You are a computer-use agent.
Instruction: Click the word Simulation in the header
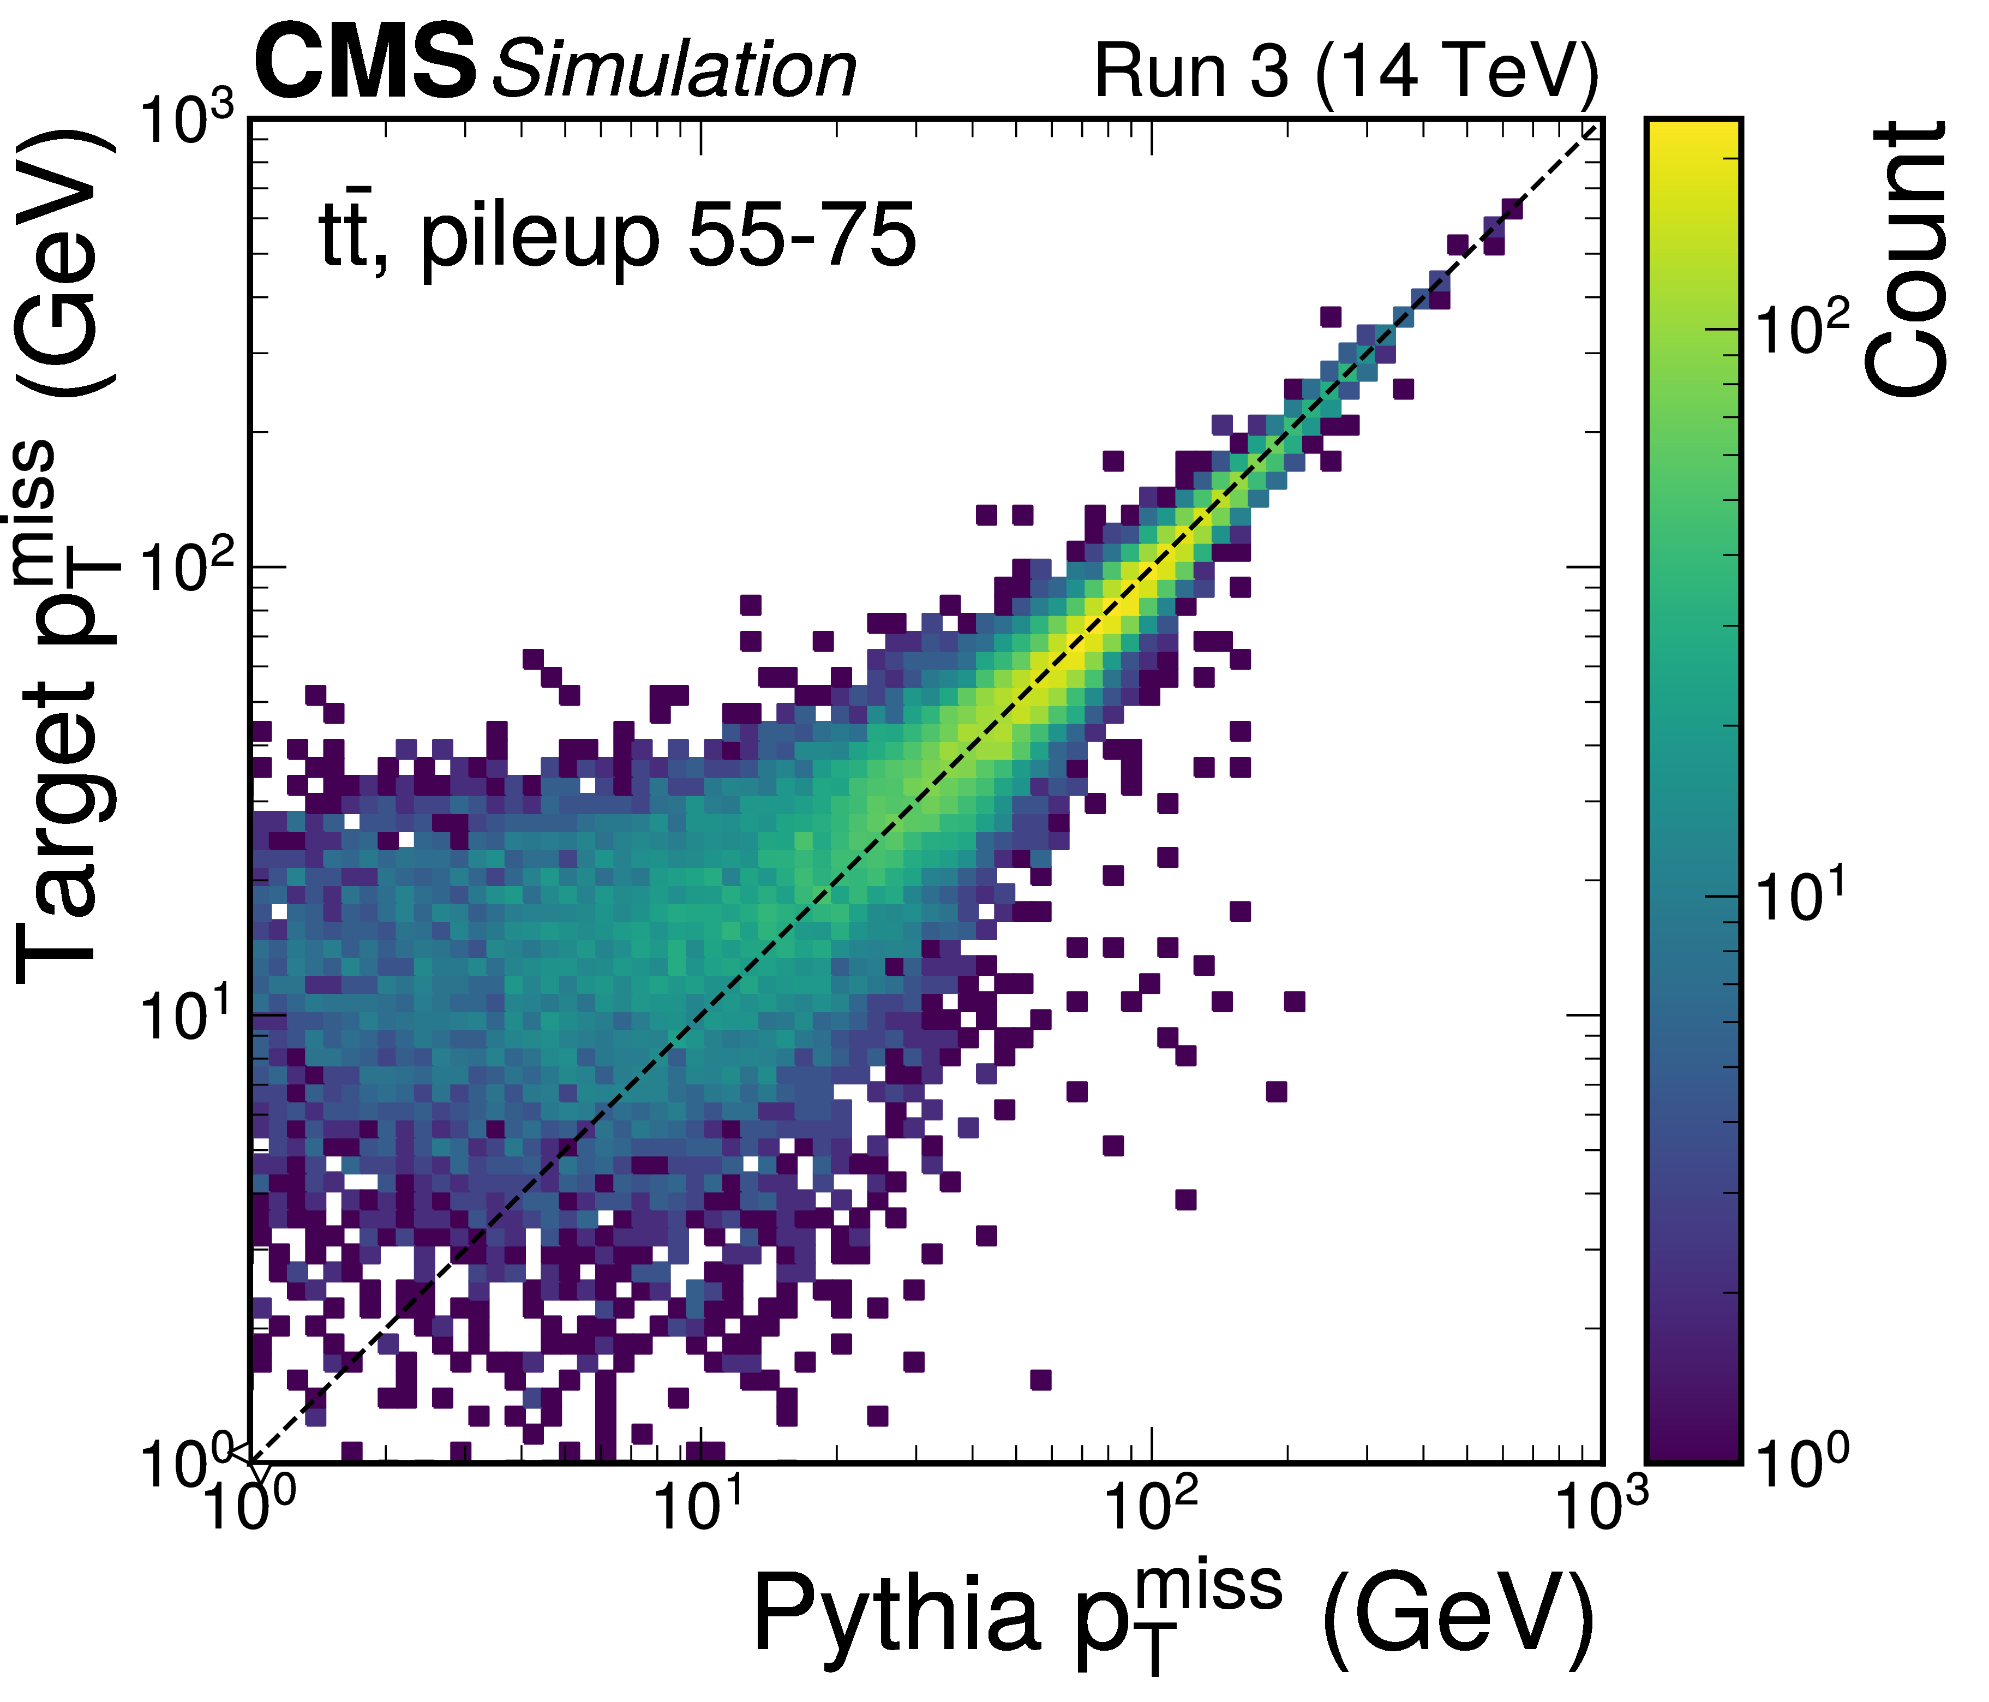(674, 71)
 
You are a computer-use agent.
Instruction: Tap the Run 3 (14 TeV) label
(1346, 71)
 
